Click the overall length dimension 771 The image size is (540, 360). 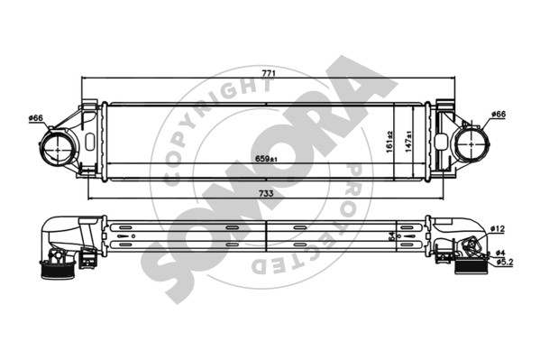tap(269, 73)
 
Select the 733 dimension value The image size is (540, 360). tap(266, 193)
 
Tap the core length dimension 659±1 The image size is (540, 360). tap(266, 159)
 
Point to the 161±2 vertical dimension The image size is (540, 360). tap(389, 142)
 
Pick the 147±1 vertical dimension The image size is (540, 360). tap(408, 142)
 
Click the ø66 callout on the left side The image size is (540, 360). tap(36, 118)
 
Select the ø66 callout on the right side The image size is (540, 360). tap(499, 114)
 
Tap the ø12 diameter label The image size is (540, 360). tap(498, 228)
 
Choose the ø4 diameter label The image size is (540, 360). tap(500, 253)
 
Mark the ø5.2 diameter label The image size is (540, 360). tap(505, 263)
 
